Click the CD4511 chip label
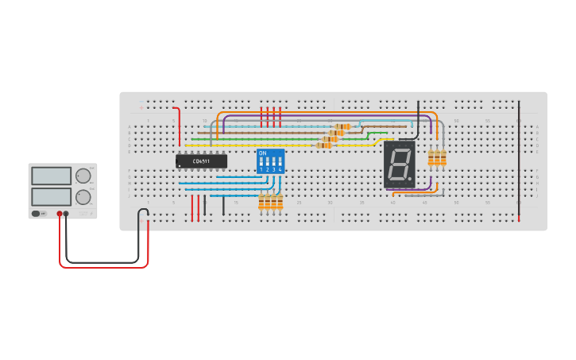coord(201,161)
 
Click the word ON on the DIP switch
coord(263,153)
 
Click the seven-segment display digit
coord(399,165)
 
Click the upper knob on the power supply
coord(82,176)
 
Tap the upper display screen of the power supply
coord(51,176)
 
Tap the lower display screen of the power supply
coord(51,195)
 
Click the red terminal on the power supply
coord(60,214)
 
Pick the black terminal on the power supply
coord(67,214)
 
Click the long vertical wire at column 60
coord(519,159)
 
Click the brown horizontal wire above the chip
coord(262,133)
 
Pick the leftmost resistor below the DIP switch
coord(261,203)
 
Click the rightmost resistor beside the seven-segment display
coord(443,159)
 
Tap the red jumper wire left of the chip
coord(178,127)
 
